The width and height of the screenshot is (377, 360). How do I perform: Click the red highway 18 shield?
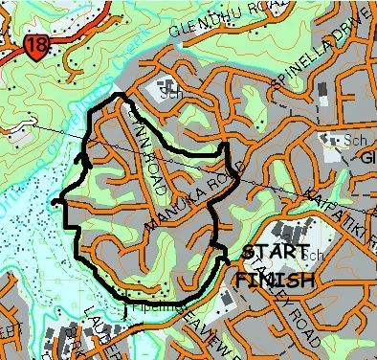(x=37, y=46)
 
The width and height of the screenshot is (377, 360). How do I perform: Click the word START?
(x=277, y=254)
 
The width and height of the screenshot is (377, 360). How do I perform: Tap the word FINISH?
(x=275, y=281)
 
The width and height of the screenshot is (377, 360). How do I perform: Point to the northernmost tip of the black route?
(x=119, y=95)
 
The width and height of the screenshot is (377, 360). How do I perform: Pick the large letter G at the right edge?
(x=370, y=158)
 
